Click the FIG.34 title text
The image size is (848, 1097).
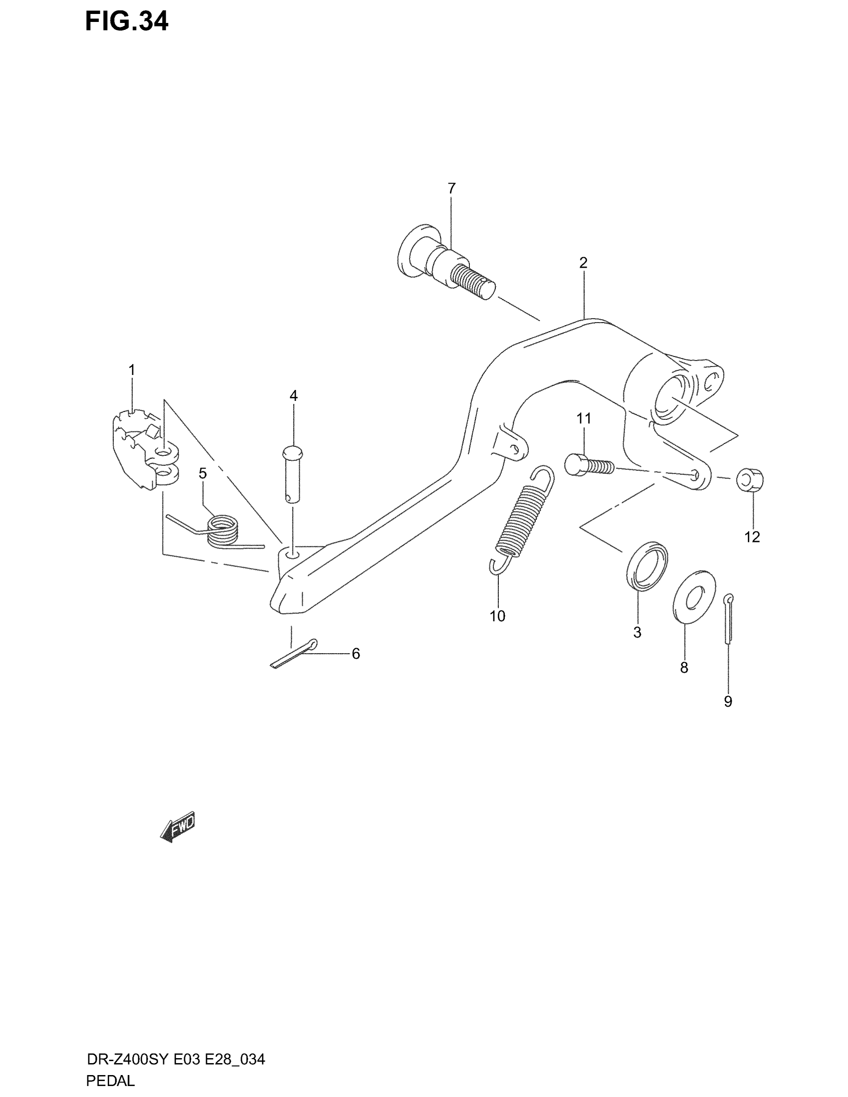[127, 21]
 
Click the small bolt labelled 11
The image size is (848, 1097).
[589, 465]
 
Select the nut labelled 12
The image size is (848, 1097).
[750, 479]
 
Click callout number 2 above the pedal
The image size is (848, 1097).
[583, 263]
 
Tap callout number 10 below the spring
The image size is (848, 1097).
[497, 616]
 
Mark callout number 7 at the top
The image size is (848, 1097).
[451, 188]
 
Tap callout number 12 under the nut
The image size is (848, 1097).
[752, 537]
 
